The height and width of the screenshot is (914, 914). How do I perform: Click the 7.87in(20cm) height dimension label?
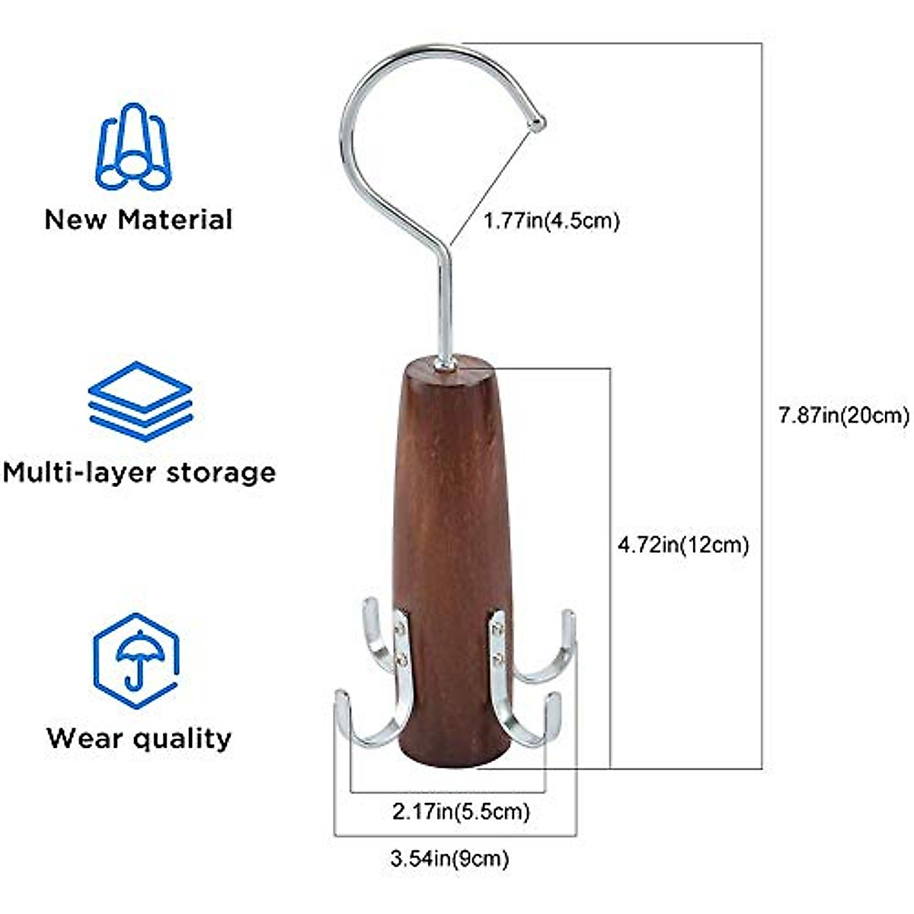tap(844, 416)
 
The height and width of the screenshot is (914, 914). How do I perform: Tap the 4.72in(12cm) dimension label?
tap(683, 545)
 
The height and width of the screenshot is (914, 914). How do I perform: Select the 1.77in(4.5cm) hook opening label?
tap(551, 221)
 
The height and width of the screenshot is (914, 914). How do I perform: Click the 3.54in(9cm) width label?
tap(449, 858)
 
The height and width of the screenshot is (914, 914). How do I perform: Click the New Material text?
tap(139, 219)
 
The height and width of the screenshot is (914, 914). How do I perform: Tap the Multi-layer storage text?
tap(139, 473)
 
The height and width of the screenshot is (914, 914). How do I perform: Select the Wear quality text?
tap(139, 739)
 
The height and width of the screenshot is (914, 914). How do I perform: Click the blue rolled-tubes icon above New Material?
tap(134, 146)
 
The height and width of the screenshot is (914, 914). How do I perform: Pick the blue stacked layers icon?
tap(140, 401)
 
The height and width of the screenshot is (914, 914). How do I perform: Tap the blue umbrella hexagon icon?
tap(136, 660)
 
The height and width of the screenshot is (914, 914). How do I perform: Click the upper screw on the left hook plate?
tap(400, 629)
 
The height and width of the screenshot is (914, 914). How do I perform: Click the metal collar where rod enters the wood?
tap(446, 364)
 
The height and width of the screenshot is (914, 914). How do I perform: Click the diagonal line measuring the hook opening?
tap(491, 188)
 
